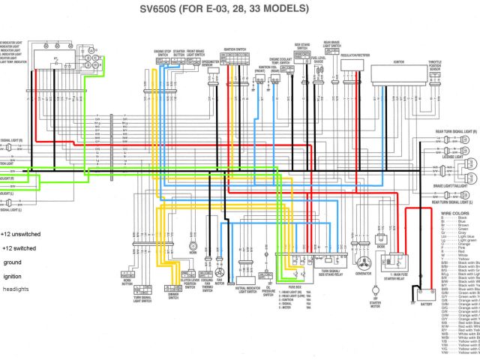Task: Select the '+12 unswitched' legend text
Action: (20, 233)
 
